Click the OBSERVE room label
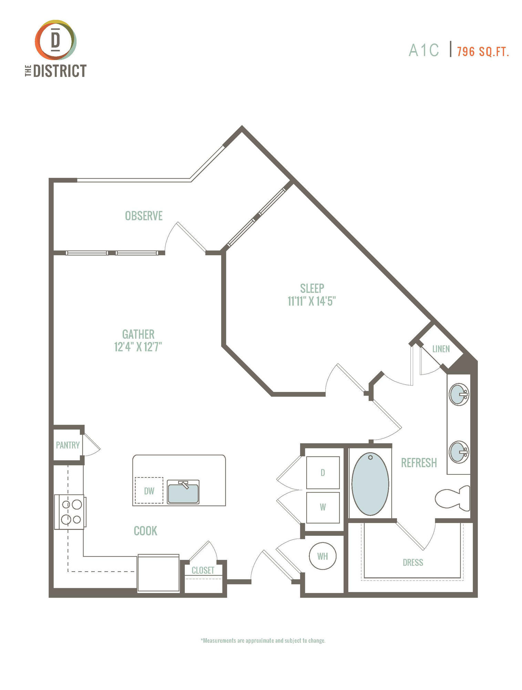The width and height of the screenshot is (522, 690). [144, 216]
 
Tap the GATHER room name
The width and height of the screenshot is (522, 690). [138, 334]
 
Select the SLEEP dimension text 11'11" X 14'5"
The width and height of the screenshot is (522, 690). [312, 301]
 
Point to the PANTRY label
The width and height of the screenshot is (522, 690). [68, 445]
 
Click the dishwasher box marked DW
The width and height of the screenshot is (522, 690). [149, 490]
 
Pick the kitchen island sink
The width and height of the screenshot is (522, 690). [183, 492]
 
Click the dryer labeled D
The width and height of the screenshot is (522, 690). [323, 472]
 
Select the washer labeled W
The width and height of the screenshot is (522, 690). [323, 507]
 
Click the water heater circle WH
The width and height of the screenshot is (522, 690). [323, 556]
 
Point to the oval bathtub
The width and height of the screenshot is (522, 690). [370, 484]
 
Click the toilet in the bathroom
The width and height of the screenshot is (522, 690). [452, 498]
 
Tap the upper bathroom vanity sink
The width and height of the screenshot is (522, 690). [459, 394]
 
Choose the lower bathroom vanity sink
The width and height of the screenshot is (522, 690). [459, 452]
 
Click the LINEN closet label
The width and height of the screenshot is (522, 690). [441, 349]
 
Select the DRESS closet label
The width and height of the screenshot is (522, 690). [413, 563]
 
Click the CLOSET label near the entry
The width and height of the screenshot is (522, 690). [203, 570]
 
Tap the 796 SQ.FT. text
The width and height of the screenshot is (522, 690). [483, 52]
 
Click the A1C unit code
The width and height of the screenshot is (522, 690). [424, 50]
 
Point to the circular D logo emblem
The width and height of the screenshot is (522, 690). [55, 40]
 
